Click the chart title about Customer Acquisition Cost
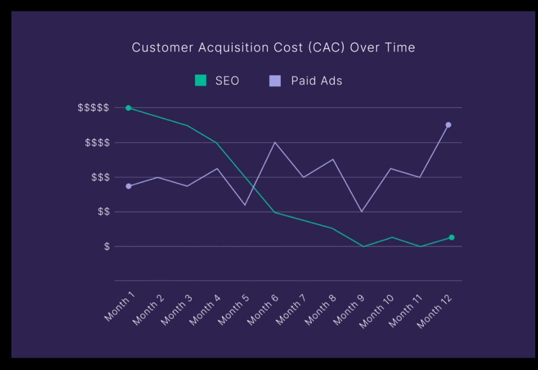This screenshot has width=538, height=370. pyautogui.click(x=273, y=48)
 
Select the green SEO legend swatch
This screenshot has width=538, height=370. pyautogui.click(x=201, y=81)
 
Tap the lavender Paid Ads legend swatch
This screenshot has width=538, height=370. pyautogui.click(x=275, y=81)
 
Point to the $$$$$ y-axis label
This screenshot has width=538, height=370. pyautogui.click(x=93, y=108)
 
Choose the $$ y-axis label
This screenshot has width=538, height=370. pyautogui.click(x=103, y=212)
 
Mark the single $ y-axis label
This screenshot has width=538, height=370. pyautogui.click(x=107, y=247)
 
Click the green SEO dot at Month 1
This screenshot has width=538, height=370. pyautogui.click(x=128, y=108)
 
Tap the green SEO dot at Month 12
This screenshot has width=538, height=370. pyautogui.click(x=452, y=237)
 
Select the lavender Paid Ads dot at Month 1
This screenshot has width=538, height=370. pyautogui.click(x=128, y=186)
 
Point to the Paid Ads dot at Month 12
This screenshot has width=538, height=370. pyautogui.click(x=448, y=125)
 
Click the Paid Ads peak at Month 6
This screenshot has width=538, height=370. pyautogui.click(x=275, y=142)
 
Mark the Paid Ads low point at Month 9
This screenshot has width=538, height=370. pyautogui.click(x=362, y=211)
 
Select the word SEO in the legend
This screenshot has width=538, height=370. pyautogui.click(x=227, y=81)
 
